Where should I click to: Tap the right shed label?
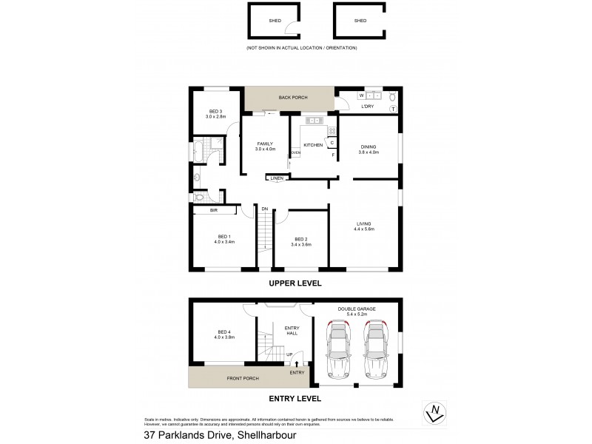(x=360, y=21)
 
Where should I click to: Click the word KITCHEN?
(x=313, y=145)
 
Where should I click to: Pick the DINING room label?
(x=369, y=146)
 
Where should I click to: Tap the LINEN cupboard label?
(x=276, y=178)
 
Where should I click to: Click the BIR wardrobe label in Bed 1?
(x=214, y=211)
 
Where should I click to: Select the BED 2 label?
(x=300, y=239)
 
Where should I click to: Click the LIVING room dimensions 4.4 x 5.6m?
(x=363, y=229)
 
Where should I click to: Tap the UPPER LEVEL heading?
(x=296, y=283)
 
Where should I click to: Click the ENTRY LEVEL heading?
(x=296, y=398)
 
